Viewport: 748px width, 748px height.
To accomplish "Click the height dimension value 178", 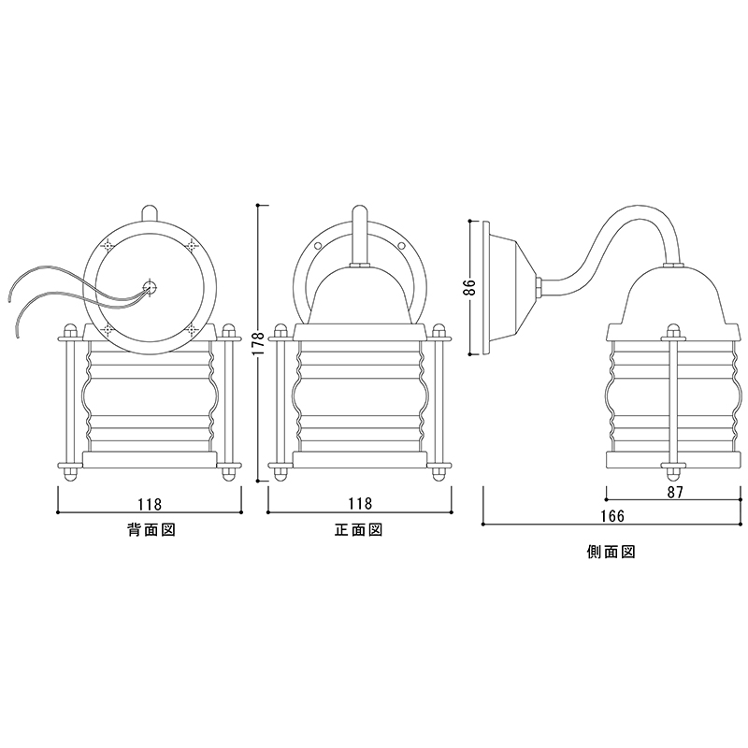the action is point(257,342).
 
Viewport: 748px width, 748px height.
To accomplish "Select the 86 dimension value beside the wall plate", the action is point(470,288).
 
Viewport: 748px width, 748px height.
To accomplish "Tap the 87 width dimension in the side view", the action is point(675,493).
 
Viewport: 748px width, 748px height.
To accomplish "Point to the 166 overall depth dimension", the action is point(613,516).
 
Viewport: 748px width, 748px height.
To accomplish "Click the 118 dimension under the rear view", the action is point(150,504).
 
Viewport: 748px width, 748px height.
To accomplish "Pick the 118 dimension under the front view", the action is point(360,504).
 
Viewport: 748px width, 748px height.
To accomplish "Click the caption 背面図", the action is point(151,529).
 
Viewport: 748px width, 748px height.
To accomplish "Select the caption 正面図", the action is point(359,529).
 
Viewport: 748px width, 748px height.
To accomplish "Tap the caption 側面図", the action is point(611,552).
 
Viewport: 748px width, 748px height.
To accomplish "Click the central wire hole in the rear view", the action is point(151,287).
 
